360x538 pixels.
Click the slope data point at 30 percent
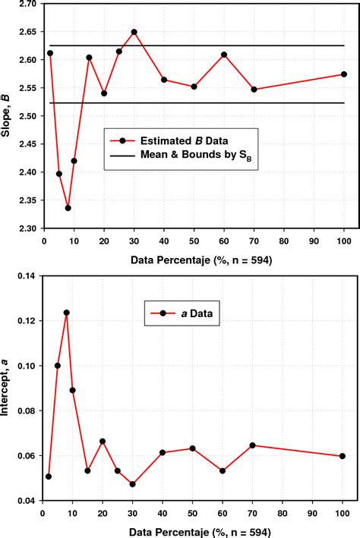[x=134, y=32]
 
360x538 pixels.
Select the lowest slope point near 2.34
[x=68, y=208]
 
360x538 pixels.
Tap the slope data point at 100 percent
[x=344, y=74]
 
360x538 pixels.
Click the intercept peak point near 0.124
[x=67, y=313]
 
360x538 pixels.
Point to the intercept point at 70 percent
[x=254, y=445]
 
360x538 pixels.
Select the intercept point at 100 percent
[x=343, y=456]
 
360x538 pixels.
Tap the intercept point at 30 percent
[x=133, y=484]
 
